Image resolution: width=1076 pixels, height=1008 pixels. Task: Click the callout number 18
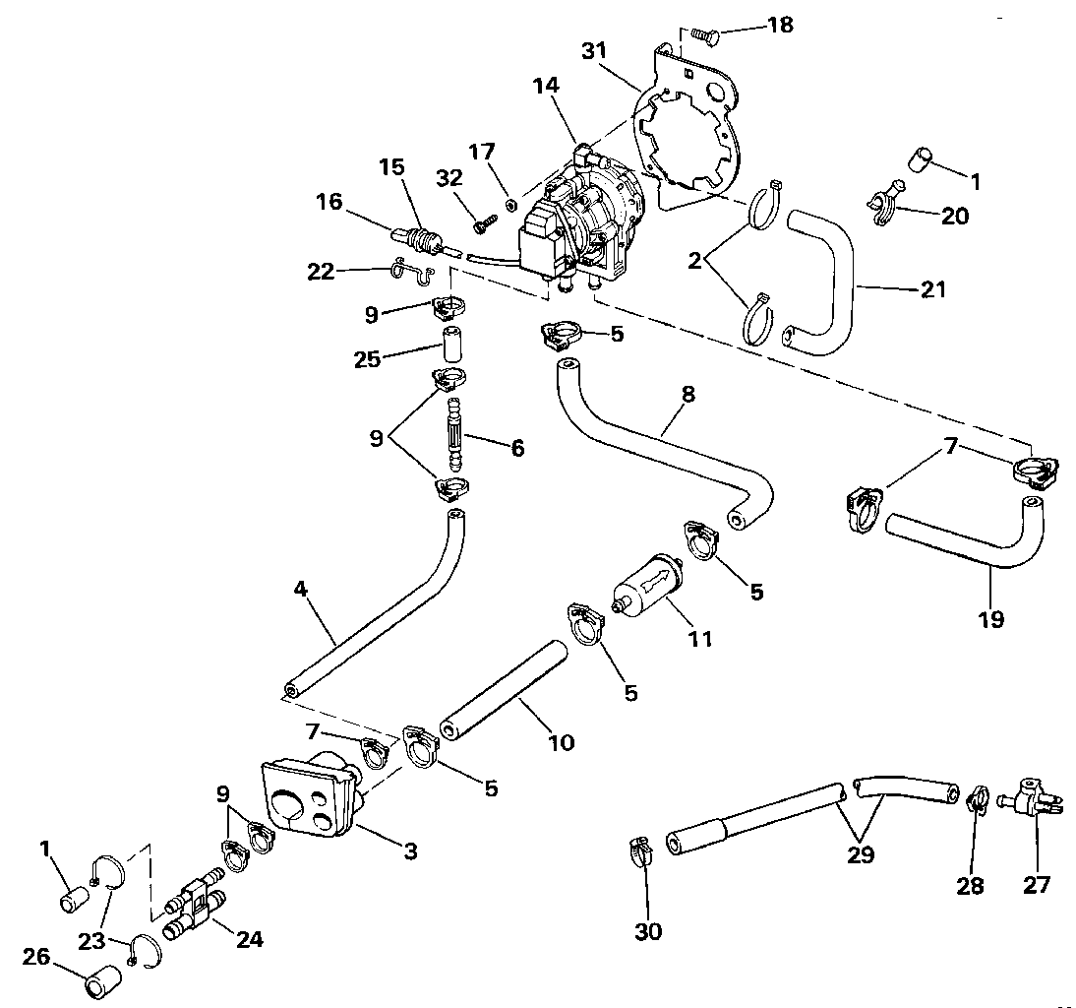click(780, 25)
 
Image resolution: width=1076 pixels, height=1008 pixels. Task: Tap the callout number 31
click(594, 51)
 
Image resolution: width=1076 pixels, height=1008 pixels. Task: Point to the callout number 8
click(688, 394)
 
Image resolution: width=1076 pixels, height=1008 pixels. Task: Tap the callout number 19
click(991, 619)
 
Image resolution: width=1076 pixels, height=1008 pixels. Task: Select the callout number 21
click(933, 289)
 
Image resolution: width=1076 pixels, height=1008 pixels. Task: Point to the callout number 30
click(648, 932)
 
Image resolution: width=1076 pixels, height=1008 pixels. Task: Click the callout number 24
click(250, 939)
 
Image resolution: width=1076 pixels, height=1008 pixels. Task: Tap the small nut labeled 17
click(510, 203)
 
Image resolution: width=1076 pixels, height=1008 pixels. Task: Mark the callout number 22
click(321, 272)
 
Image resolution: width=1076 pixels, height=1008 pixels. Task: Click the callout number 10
click(562, 742)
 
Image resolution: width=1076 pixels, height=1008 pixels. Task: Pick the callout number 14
click(546, 86)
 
